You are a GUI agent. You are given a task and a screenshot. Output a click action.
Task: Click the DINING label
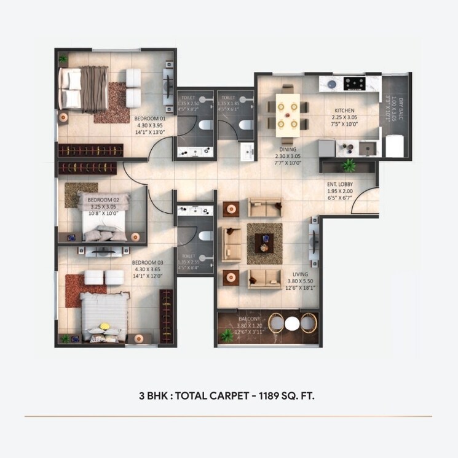tap(287, 149)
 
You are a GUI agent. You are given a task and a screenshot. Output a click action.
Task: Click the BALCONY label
tap(250, 319)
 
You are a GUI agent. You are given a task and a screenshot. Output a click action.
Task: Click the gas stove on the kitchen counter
tap(355, 82)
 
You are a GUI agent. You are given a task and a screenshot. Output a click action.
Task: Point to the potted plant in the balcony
tap(227, 335)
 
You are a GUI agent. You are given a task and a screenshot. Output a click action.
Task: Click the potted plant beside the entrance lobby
tap(349, 165)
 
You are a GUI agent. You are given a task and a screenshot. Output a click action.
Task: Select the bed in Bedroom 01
tap(79, 88)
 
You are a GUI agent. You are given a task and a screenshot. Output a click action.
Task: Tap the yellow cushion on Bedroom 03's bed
tap(105, 326)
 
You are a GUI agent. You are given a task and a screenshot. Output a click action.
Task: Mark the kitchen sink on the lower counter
tap(368, 147)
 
